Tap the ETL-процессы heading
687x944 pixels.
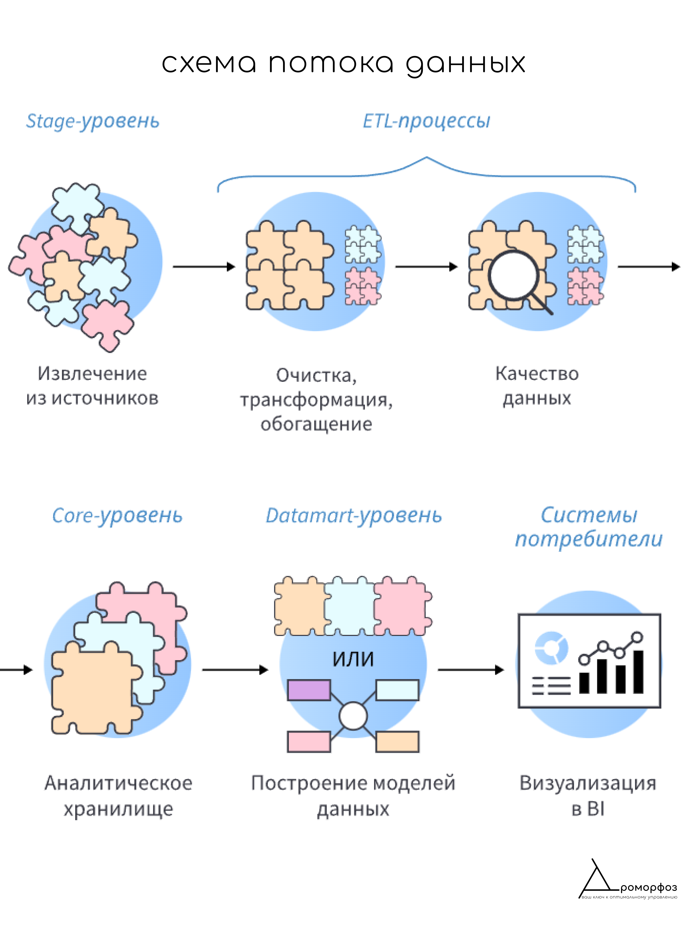tap(426, 121)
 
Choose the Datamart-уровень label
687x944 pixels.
tap(353, 516)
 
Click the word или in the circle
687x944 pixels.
tap(353, 659)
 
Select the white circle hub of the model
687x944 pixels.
tap(353, 716)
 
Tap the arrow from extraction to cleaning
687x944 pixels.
tap(204, 266)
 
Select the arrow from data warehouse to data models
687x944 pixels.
tap(235, 670)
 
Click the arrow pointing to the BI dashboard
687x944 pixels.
tap(471, 670)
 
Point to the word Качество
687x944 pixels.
tap(537, 374)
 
